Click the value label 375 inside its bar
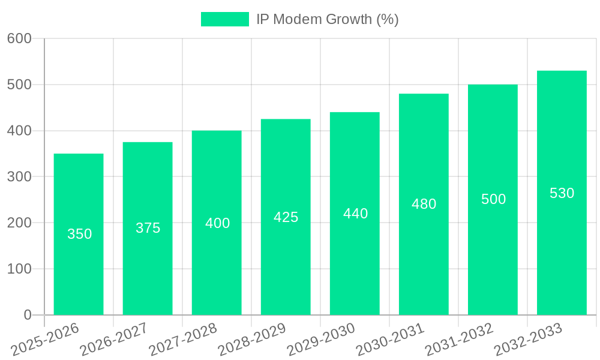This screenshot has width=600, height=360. click(x=148, y=228)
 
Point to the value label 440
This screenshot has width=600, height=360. click(x=355, y=214)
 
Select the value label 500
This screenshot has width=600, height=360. click(x=493, y=199)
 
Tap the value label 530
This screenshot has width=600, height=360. click(x=562, y=193)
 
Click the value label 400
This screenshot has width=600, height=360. click(x=217, y=223)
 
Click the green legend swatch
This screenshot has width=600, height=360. click(x=224, y=19)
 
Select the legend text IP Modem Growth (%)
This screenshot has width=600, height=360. click(x=327, y=19)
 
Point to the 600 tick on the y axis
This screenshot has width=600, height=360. click(x=19, y=38)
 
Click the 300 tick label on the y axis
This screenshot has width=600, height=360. click(x=19, y=177)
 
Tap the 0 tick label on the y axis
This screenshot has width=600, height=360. click(x=27, y=315)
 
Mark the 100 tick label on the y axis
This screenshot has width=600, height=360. click(x=19, y=269)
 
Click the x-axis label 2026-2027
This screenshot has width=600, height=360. click(x=115, y=340)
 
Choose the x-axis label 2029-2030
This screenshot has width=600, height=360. click(x=322, y=340)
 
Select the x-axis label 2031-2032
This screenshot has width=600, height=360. click(x=460, y=340)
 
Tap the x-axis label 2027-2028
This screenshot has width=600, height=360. click(x=184, y=340)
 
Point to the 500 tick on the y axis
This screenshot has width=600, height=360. click(x=19, y=85)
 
